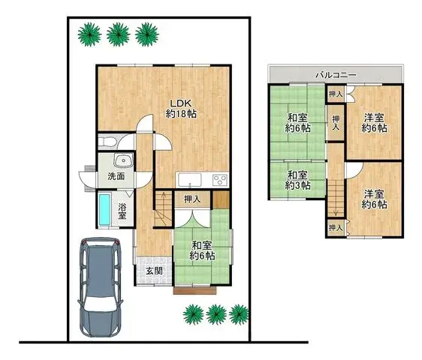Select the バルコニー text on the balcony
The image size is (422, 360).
[335, 75]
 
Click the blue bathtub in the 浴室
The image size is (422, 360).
[104, 208]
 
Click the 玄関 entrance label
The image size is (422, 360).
[154, 271]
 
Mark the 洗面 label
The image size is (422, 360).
[116, 177]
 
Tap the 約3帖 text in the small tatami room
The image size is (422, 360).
[297, 186]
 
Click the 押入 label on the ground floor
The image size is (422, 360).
[192, 199]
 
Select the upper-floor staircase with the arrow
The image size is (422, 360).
[334, 199]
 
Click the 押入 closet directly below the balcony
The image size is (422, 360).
[336, 94]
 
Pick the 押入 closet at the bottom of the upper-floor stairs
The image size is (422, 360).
[335, 226]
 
